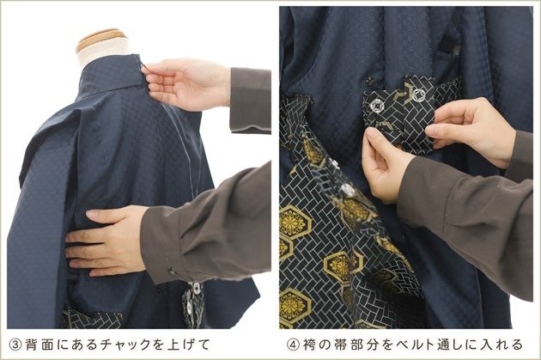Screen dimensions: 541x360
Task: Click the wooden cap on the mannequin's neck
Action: click(101, 39)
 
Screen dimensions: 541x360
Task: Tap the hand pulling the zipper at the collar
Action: click(186, 83)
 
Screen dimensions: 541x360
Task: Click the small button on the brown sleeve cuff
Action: click(172, 271)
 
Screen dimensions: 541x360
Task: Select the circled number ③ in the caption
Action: click(15, 345)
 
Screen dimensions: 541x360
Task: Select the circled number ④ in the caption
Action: click(294, 345)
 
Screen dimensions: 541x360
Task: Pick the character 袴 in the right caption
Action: click(310, 345)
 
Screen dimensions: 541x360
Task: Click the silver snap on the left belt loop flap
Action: click(377, 104)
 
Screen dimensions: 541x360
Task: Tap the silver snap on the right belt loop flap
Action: click(419, 94)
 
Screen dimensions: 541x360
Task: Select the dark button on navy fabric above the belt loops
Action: click(370, 82)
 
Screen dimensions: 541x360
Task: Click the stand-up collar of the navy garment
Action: click(111, 74)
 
